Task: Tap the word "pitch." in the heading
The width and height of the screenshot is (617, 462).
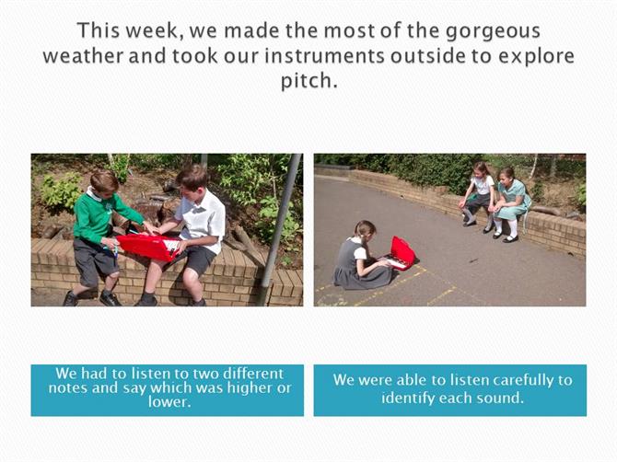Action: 308,81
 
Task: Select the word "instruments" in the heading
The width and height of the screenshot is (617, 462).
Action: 324,56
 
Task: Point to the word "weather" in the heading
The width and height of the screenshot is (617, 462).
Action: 83,56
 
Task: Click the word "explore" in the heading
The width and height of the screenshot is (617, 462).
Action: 536,57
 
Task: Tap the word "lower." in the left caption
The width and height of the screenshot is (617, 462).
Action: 169,402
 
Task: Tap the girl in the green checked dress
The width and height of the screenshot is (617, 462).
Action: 509,204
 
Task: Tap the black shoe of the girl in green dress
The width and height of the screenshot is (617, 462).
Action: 511,238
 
